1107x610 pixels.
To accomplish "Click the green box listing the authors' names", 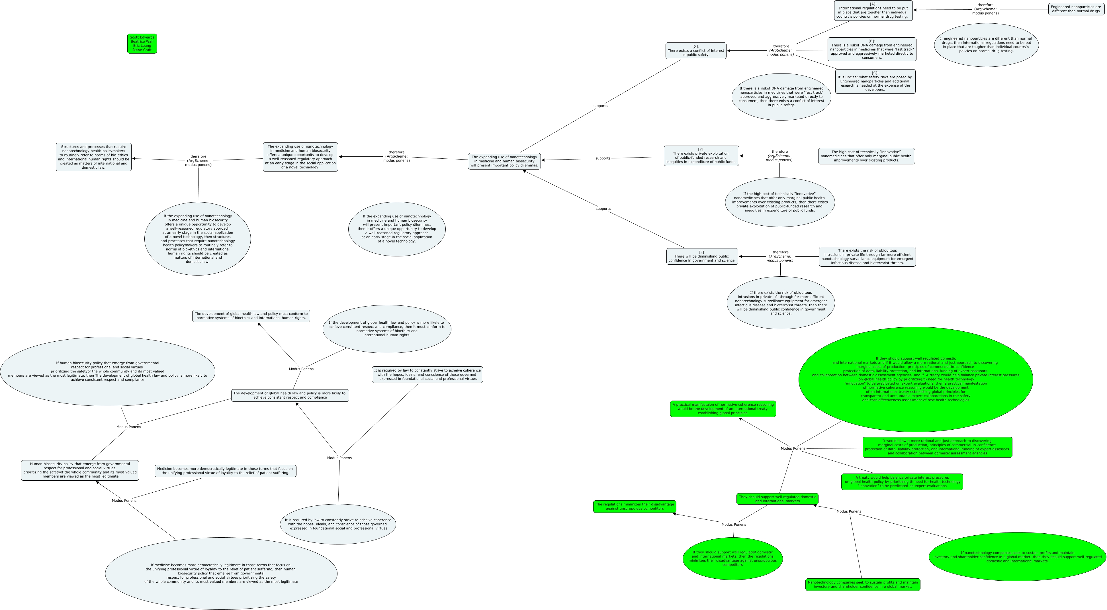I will [142, 43].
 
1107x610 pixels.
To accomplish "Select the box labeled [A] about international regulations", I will [873, 10].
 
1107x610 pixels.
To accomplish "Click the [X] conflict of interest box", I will [696, 51].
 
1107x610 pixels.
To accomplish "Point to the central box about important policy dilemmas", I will [504, 161].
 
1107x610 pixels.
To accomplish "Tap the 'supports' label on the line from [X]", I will [600, 106].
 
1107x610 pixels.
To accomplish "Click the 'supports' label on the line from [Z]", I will [603, 209].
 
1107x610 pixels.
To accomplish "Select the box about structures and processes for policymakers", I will [94, 157].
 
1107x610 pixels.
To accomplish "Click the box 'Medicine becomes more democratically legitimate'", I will [225, 471].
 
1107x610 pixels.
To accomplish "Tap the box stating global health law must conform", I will [251, 316].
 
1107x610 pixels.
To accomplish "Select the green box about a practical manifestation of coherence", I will [723, 409].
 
